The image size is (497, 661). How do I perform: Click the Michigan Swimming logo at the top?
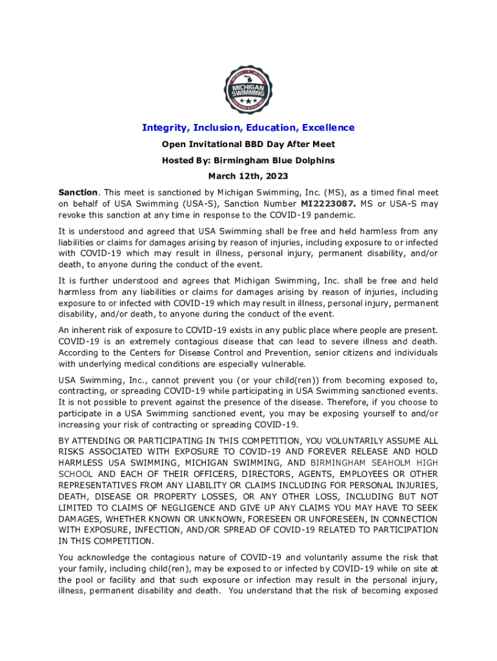point(249,89)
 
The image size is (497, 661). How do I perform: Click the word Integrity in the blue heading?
point(161,128)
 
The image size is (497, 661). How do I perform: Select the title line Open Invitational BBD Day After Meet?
point(249,144)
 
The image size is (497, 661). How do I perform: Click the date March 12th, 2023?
point(249,176)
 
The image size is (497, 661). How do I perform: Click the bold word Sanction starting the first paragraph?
point(78,192)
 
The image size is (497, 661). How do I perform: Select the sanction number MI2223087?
point(329,204)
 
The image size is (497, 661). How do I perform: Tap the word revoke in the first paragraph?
point(72,215)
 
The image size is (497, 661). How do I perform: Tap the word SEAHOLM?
point(386,463)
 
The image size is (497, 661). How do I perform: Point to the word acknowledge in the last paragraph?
point(111,557)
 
